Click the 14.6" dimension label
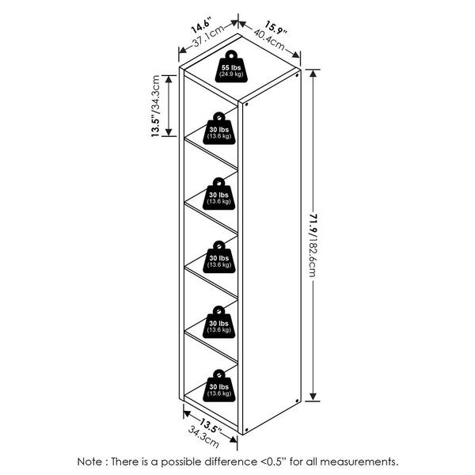coord(201,25)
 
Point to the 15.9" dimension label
coord(276,28)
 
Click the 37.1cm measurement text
coord(209,36)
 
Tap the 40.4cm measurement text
coord(269,40)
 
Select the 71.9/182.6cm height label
coord(313,245)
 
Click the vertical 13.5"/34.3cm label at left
coord(155,106)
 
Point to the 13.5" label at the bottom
coord(211,426)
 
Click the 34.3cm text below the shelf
coord(203,437)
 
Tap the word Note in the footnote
coord(89,462)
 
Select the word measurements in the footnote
coord(359,462)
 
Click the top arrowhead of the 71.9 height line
coord(313,74)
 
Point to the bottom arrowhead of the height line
coord(313,397)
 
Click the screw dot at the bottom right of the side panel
coord(297,401)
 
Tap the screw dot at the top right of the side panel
coord(297,75)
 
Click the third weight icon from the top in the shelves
coord(219,256)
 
